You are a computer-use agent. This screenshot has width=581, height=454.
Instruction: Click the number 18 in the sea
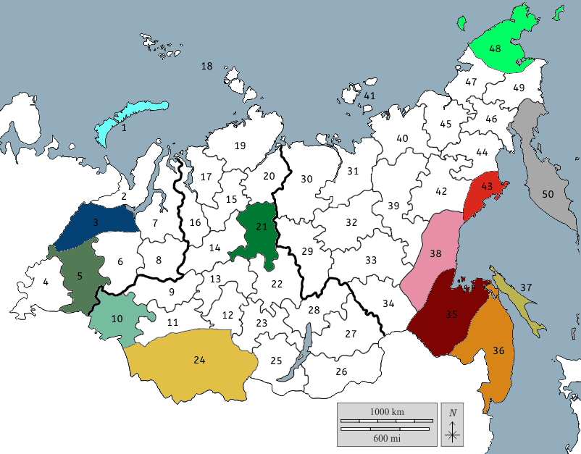(207, 67)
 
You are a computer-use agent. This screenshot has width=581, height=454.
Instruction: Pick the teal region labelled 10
(117, 319)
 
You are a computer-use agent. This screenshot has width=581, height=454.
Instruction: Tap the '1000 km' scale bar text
(387, 412)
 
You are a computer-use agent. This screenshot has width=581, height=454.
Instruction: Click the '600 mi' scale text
(387, 437)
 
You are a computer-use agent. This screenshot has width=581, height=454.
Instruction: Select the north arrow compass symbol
(453, 427)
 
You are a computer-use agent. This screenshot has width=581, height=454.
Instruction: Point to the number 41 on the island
(370, 96)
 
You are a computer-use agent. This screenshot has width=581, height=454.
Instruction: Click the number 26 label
(341, 372)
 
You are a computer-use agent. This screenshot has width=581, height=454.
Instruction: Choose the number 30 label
(306, 179)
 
